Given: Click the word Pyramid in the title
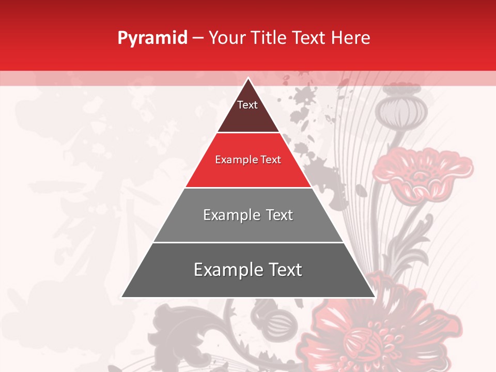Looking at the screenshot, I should point(152,38).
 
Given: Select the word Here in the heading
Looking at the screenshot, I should point(350,38).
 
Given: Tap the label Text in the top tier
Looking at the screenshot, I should point(247,105).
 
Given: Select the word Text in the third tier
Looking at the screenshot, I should point(279,215).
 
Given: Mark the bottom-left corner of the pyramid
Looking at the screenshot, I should point(122,297).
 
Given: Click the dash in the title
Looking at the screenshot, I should point(197,38).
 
